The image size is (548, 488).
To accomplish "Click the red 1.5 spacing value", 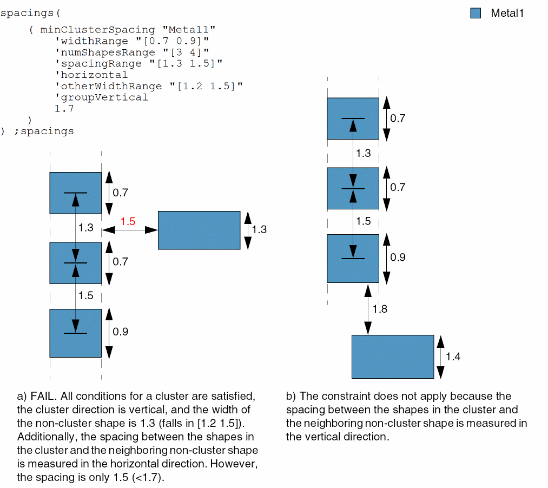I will coord(128,221).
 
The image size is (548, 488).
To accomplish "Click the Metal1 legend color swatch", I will coord(476,14).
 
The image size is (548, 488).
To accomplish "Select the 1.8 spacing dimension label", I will coord(380,309).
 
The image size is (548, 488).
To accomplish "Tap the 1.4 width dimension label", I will coord(453,357).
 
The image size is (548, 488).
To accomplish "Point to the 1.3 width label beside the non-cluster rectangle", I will coord(259,229).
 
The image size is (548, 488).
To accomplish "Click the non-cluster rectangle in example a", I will coord(199,230).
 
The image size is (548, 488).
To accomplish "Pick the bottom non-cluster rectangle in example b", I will coord(392,357).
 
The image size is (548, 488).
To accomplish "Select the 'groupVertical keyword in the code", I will coord(101,97).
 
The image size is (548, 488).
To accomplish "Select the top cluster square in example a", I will coord(75,193).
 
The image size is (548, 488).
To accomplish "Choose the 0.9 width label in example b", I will coord(398,258).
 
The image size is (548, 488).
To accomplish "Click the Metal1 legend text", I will coord(507,14).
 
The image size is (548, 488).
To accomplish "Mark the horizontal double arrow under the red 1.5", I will coord(129,230).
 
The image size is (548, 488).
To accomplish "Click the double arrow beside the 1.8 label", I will coord(368,309).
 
